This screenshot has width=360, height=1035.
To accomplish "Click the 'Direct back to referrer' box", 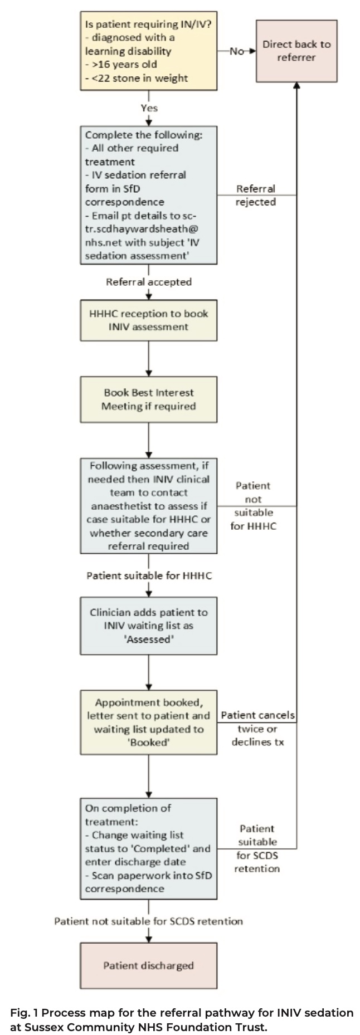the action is pyautogui.click(x=296, y=51).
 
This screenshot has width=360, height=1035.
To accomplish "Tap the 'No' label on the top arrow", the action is pyautogui.click(x=237, y=51).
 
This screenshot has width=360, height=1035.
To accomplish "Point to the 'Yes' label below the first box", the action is pyautogui.click(x=149, y=108).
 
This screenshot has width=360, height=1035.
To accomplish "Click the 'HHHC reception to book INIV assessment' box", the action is pyautogui.click(x=148, y=320).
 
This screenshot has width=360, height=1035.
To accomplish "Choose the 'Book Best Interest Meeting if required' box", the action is pyautogui.click(x=148, y=399).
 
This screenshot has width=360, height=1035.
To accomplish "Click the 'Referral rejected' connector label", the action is pyautogui.click(x=256, y=196).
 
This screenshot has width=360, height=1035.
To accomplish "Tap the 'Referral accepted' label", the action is pyautogui.click(x=149, y=282).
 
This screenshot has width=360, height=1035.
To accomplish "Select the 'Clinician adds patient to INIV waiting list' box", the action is pyautogui.click(x=148, y=626).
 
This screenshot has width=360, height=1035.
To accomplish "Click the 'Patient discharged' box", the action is pyautogui.click(x=148, y=965).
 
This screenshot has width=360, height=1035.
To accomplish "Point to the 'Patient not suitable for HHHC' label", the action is pyautogui.click(x=254, y=506).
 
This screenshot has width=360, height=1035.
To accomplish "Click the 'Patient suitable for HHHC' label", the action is pyautogui.click(x=149, y=575).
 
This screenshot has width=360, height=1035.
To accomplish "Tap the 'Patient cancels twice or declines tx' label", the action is pyautogui.click(x=258, y=729).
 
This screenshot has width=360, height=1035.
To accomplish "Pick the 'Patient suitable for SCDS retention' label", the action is pyautogui.click(x=257, y=848).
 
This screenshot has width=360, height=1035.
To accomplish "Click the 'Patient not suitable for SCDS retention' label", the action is pyautogui.click(x=149, y=921).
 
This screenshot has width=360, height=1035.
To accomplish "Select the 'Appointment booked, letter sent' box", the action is pyautogui.click(x=148, y=722).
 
